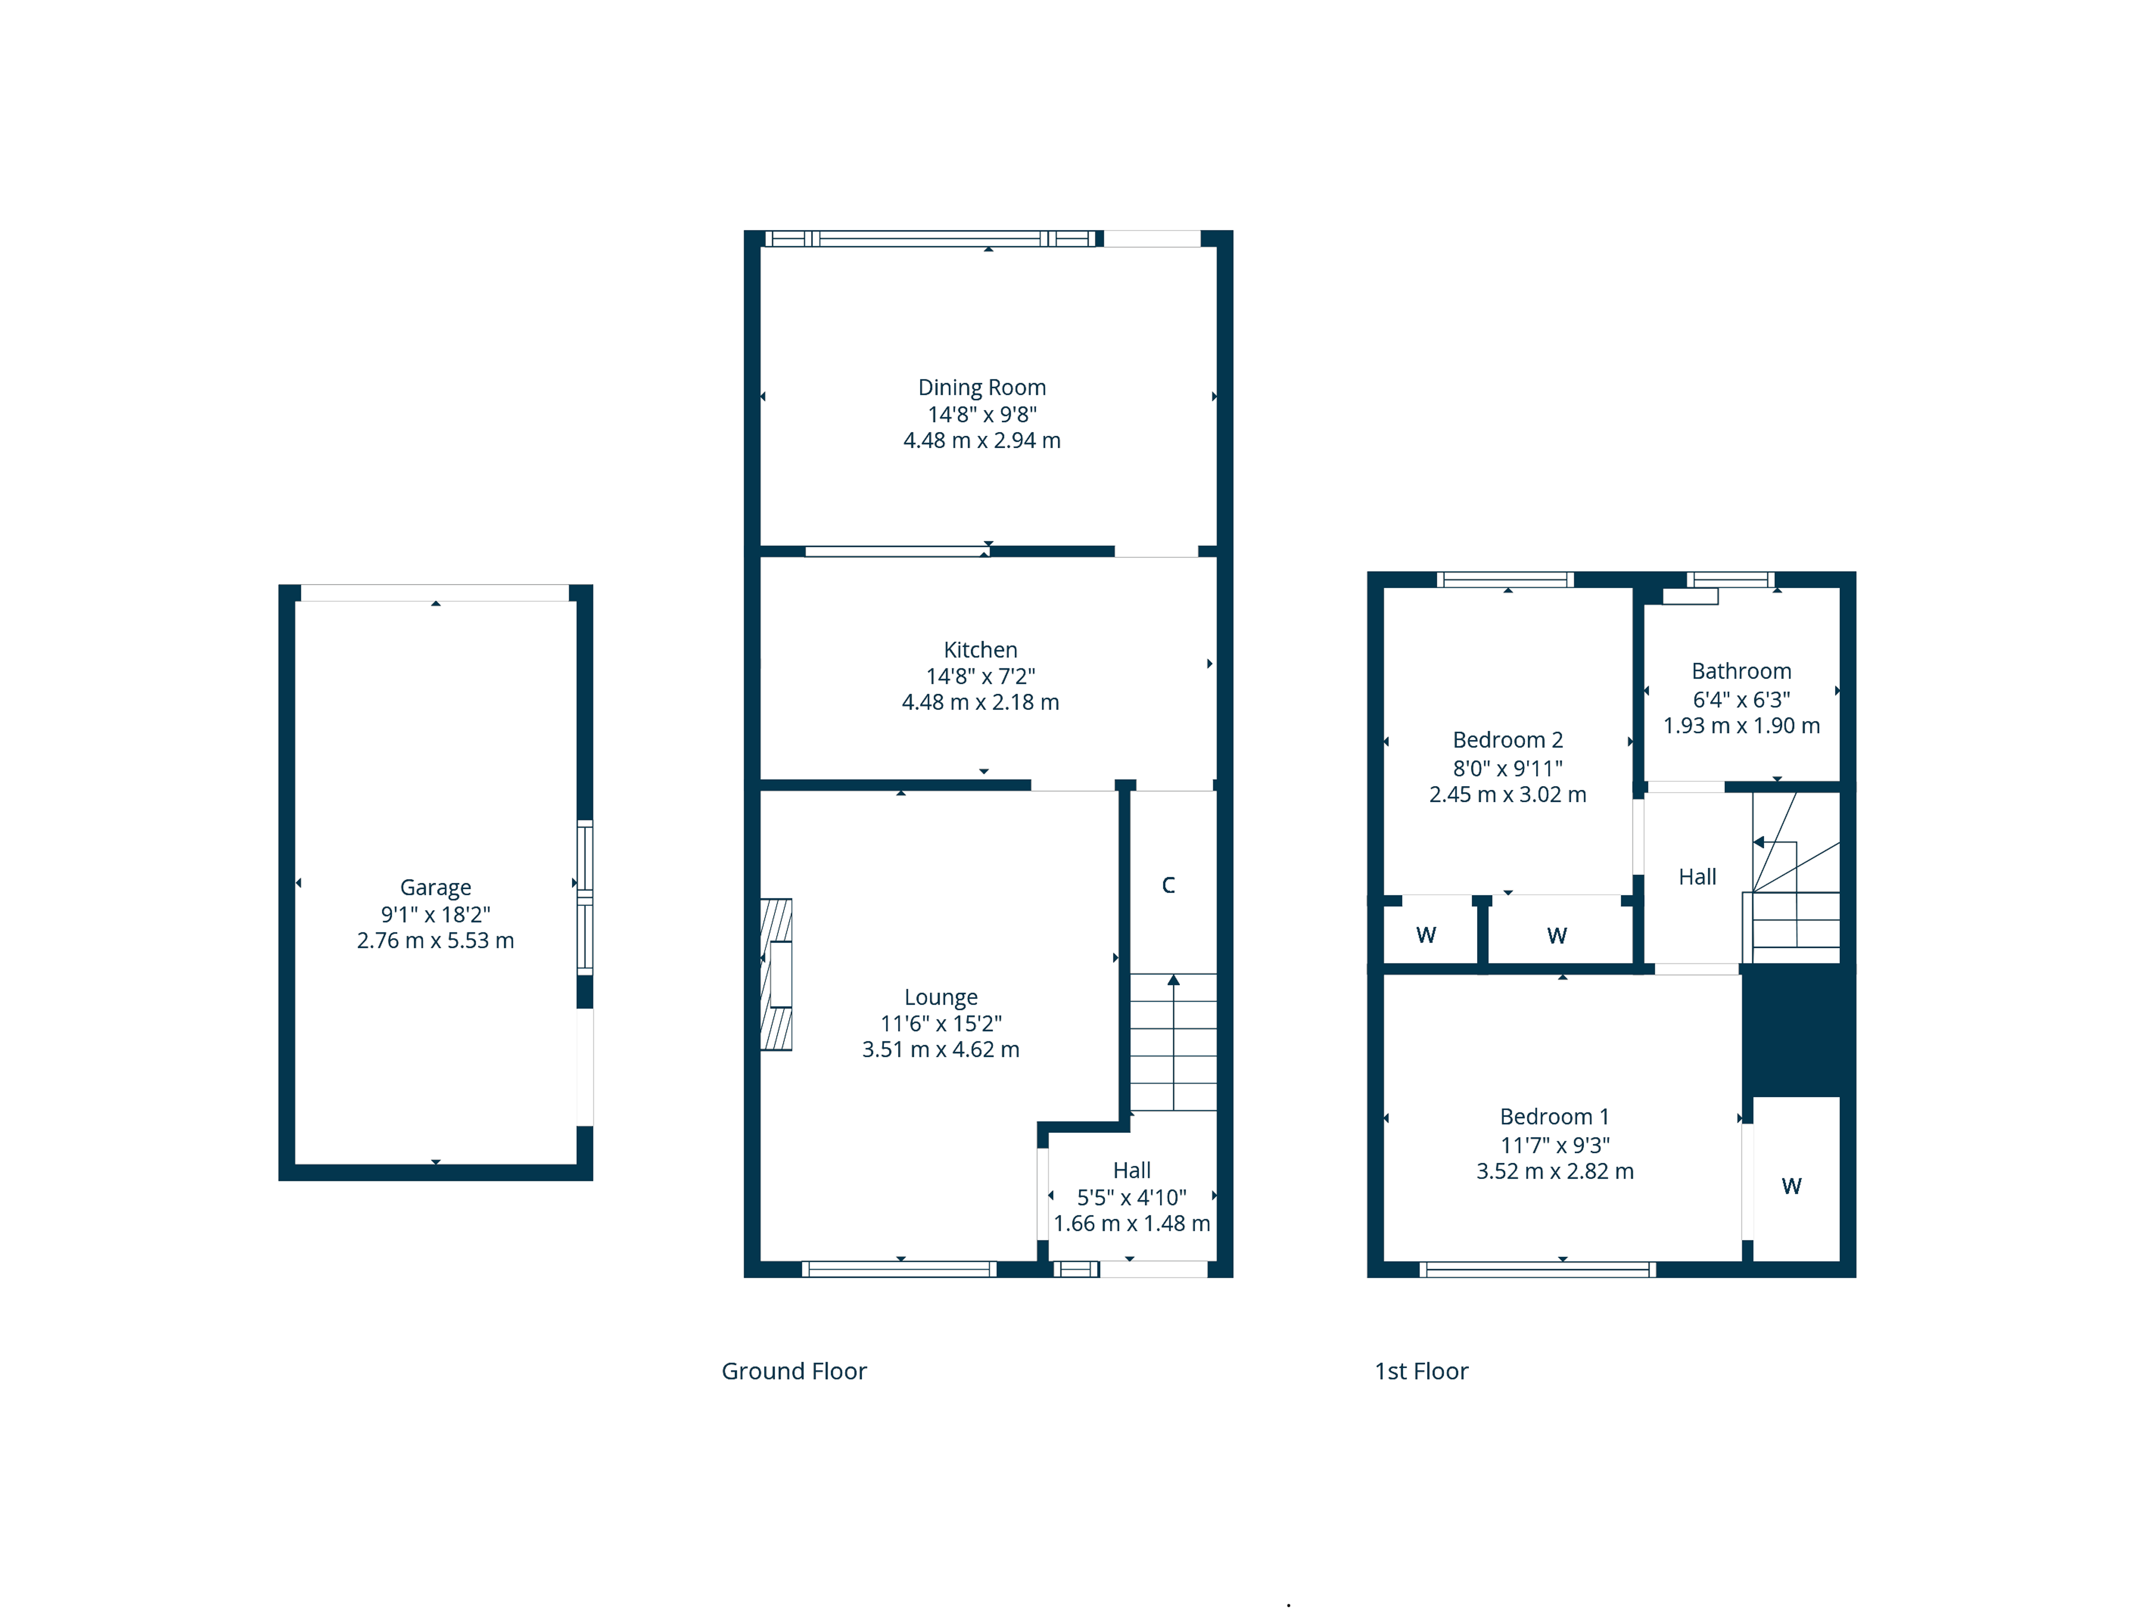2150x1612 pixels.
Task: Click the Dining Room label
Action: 981,388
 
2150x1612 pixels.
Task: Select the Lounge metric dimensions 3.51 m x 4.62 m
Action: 940,1049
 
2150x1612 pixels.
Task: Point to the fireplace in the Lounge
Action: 776,975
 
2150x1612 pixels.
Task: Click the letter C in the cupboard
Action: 1169,885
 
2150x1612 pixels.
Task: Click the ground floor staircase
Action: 1173,1042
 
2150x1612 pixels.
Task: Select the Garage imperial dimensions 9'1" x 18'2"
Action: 435,915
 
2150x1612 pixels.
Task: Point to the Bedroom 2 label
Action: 1508,740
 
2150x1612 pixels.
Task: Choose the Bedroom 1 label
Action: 1554,1117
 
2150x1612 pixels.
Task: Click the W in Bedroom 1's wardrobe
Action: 1791,1185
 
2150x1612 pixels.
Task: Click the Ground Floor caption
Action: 793,1371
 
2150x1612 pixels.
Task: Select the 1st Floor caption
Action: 1421,1371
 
